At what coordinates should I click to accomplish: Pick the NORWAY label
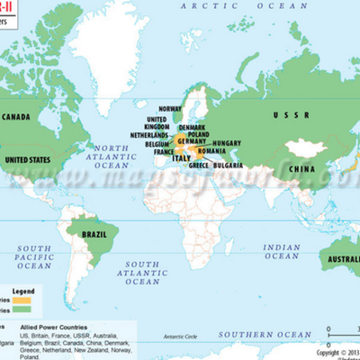(170, 109)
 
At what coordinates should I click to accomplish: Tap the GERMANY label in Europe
(192, 142)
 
